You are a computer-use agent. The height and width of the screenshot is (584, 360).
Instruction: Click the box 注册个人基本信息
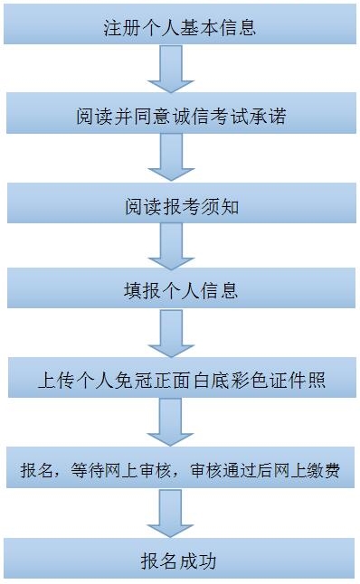point(180,27)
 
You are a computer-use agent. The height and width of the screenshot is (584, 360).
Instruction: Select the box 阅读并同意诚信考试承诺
point(180,118)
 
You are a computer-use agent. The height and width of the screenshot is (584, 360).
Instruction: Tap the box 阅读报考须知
point(180,206)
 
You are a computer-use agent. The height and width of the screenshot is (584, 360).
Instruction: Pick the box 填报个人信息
point(180,291)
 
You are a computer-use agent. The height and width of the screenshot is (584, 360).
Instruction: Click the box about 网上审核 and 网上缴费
point(180,471)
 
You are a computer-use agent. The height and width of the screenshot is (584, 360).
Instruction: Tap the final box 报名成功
point(180,560)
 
